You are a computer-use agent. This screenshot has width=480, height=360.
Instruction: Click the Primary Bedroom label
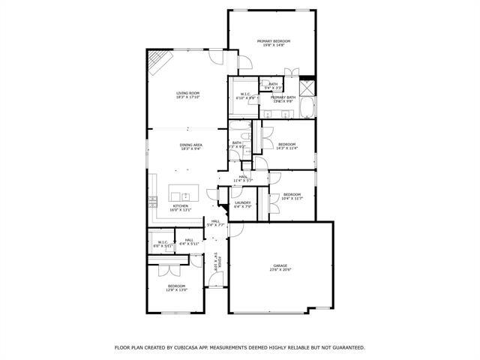tap(274, 43)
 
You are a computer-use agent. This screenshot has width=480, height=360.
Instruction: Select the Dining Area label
tap(191, 146)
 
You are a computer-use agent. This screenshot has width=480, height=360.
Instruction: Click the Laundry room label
tap(242, 204)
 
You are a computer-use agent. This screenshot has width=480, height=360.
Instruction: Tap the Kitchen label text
tap(181, 208)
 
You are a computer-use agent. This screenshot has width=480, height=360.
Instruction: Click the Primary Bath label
tap(283, 99)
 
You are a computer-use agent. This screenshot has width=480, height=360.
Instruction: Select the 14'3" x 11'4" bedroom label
tap(287, 146)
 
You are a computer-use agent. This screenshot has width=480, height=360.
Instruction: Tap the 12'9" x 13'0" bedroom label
tap(177, 287)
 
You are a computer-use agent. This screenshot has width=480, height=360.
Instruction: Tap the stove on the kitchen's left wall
tap(152, 200)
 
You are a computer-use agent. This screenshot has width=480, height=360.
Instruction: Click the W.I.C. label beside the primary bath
tap(245, 96)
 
